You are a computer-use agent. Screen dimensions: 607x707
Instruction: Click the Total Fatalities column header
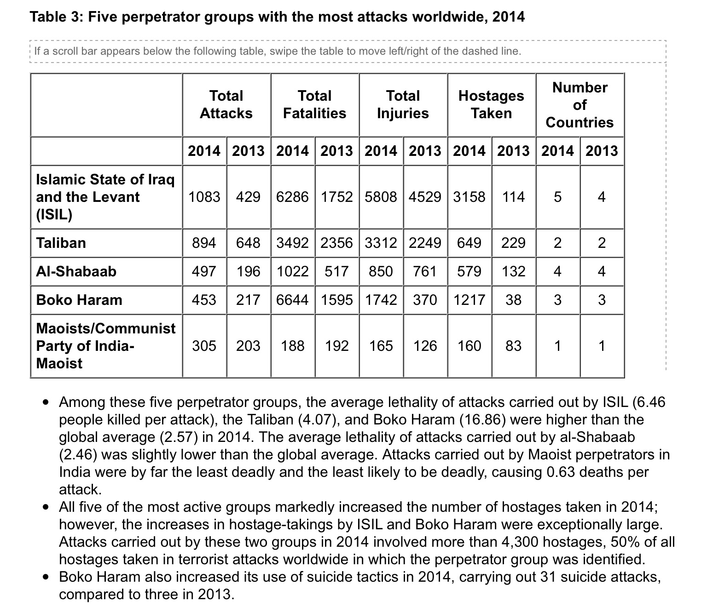(x=314, y=104)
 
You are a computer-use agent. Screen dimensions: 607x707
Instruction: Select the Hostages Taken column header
(x=491, y=104)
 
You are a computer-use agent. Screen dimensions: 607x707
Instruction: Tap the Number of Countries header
(x=580, y=105)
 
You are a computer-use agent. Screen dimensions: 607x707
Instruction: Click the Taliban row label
(x=61, y=242)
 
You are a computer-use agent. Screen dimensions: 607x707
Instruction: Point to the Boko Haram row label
(x=79, y=300)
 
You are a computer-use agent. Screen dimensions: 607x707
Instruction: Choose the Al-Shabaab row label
(x=76, y=271)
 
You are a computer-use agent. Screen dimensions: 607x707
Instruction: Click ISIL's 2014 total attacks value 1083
(x=204, y=197)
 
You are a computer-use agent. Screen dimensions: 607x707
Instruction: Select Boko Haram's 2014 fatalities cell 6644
(x=292, y=300)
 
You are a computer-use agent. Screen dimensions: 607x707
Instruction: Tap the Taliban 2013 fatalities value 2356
(x=336, y=242)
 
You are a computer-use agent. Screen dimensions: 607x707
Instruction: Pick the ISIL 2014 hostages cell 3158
(x=469, y=197)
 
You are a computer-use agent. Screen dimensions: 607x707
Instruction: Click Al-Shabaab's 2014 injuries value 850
(x=381, y=271)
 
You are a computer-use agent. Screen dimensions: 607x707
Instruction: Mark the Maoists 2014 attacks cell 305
(x=204, y=346)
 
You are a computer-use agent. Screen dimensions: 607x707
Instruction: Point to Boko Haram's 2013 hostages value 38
(x=513, y=300)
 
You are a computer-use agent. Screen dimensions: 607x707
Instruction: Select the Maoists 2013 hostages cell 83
(x=513, y=346)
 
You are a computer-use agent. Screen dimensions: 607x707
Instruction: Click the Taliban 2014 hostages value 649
(x=469, y=242)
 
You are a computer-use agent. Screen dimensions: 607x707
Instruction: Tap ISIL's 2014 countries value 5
(x=557, y=197)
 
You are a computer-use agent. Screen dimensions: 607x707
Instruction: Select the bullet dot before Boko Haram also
(x=45, y=577)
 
